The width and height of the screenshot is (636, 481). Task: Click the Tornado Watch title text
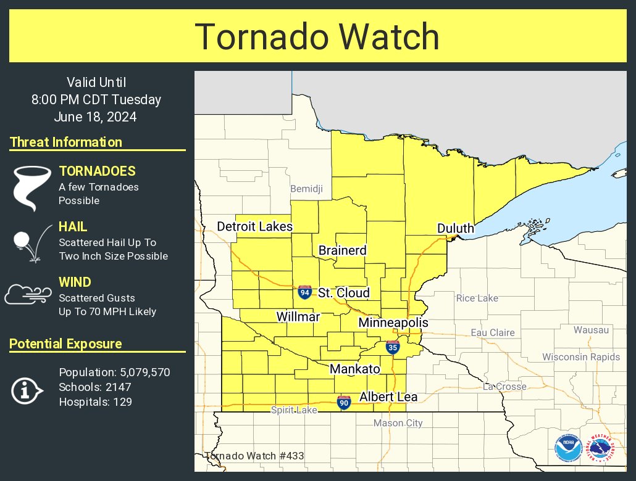(317, 37)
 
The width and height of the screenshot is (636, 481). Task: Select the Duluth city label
(455, 229)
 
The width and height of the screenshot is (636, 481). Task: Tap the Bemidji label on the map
(306, 189)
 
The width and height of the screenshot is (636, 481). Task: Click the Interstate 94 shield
(304, 292)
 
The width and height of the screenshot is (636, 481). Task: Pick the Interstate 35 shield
(393, 348)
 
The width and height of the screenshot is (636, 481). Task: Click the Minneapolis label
(393, 323)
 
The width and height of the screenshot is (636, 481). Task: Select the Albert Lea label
(388, 397)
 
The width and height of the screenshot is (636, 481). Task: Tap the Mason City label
(398, 423)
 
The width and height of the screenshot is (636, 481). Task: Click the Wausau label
(591, 330)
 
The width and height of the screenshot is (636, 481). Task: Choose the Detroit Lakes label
(254, 227)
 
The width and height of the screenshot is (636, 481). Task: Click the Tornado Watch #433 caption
(254, 456)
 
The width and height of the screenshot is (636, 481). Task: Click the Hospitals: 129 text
(95, 402)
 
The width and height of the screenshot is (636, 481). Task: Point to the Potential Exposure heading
(65, 344)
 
